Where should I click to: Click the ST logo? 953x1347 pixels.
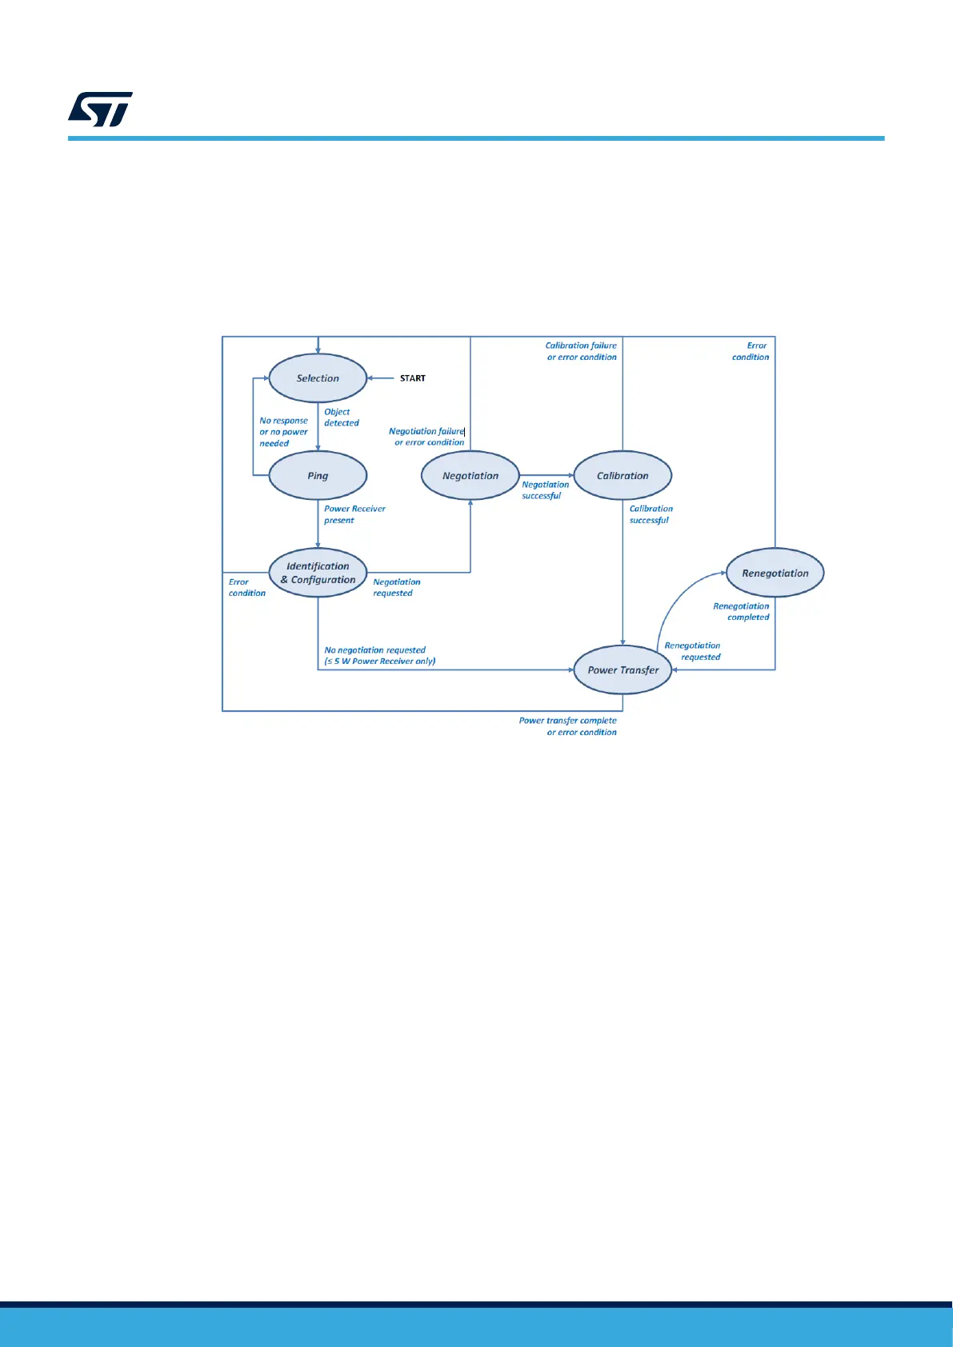pyautogui.click(x=100, y=110)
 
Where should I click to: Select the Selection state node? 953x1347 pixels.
pyautogui.click(x=318, y=378)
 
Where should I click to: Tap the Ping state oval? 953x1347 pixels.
pyautogui.click(x=318, y=476)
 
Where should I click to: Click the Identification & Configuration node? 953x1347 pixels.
pyautogui.click(x=318, y=573)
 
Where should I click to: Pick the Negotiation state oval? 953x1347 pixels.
pyautogui.click(x=470, y=476)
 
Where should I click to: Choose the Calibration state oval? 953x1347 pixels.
pyautogui.click(x=623, y=476)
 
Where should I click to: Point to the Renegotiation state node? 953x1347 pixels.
pyautogui.click(x=775, y=573)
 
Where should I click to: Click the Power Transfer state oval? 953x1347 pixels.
pyautogui.click(x=623, y=670)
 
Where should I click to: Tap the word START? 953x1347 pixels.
pyautogui.click(x=413, y=378)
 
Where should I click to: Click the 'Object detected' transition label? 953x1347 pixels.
pyautogui.click(x=341, y=418)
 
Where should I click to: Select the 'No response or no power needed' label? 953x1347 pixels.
pyautogui.click(x=283, y=432)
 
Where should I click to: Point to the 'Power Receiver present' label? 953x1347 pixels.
pyautogui.click(x=354, y=514)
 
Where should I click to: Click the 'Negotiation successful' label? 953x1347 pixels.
pyautogui.click(x=545, y=490)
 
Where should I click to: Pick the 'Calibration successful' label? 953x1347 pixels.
pyautogui.click(x=651, y=514)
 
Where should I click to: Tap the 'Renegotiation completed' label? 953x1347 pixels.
pyautogui.click(x=741, y=612)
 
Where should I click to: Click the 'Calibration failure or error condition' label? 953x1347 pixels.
pyautogui.click(x=581, y=351)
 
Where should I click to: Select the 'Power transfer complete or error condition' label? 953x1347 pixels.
pyautogui.click(x=567, y=726)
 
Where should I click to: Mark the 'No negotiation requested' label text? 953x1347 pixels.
pyautogui.click(x=375, y=650)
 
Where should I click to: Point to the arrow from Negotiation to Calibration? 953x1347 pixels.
pyautogui.click(x=547, y=475)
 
